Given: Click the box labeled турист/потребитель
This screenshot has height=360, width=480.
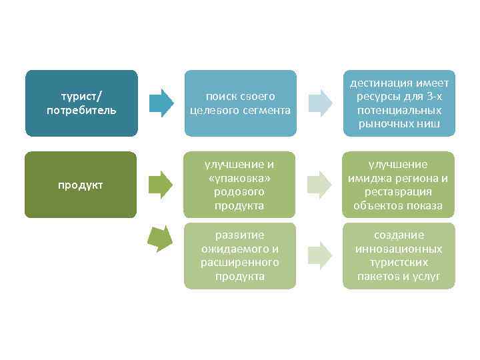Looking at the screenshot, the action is (81, 103).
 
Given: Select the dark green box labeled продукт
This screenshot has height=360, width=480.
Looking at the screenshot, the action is (81, 185).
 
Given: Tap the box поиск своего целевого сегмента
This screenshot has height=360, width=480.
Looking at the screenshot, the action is (240, 103).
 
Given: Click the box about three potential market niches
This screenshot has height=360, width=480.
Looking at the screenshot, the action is (399, 103).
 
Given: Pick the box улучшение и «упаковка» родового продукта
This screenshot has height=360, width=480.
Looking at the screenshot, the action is (240, 185).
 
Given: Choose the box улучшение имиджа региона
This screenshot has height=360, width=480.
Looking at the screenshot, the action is (399, 185).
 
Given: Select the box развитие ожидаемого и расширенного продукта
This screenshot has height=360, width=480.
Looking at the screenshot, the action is (240, 255).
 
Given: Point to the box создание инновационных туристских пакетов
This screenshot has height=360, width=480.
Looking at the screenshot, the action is (399, 255).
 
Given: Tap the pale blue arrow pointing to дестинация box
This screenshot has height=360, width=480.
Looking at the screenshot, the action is (319, 103).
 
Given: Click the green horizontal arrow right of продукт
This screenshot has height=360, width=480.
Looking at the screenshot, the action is (161, 185).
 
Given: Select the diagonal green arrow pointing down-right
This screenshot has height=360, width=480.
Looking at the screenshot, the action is (160, 238).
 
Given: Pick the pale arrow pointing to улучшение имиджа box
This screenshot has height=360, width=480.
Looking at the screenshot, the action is (319, 185).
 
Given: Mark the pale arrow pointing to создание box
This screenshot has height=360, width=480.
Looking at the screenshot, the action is (319, 255).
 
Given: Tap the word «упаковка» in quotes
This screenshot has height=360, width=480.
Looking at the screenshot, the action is (240, 178).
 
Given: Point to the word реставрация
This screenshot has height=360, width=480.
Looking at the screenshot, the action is (399, 192).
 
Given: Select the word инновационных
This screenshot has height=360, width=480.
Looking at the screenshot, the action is (399, 249).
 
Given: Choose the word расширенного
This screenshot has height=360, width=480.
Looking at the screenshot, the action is (240, 262).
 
